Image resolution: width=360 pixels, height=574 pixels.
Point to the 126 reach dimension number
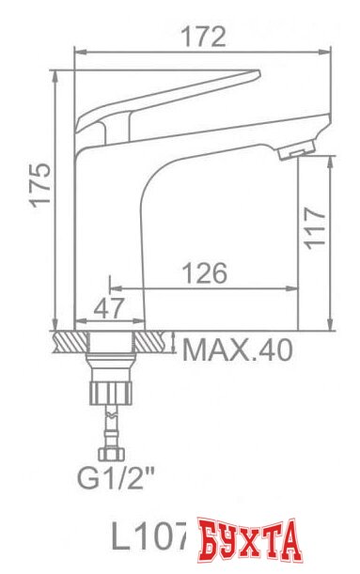coord(203,273)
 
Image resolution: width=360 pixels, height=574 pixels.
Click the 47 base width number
coord(112,308)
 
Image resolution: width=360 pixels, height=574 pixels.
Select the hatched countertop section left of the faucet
coord(70,340)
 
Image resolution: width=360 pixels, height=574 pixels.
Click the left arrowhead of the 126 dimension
coord(114,287)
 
